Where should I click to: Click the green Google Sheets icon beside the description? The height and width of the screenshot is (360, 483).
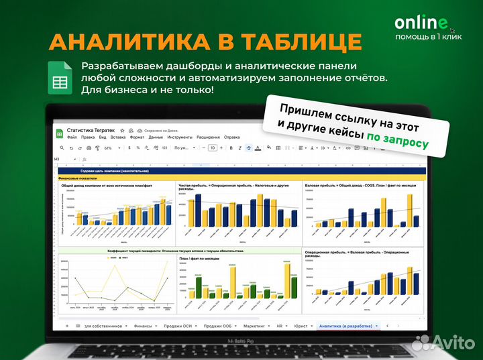(x=60, y=78)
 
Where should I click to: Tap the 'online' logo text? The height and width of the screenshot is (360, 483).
(x=421, y=23)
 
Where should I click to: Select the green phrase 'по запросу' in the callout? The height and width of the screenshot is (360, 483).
(x=396, y=139)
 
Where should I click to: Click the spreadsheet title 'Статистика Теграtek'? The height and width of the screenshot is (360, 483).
(x=95, y=130)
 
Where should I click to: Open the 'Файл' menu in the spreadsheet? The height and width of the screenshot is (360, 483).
(x=72, y=137)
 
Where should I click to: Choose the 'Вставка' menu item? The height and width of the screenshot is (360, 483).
(x=117, y=137)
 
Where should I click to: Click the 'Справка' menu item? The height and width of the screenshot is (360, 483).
(x=231, y=137)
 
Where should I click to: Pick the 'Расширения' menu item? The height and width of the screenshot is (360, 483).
(x=208, y=137)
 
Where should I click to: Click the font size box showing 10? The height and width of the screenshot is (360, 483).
(x=212, y=147)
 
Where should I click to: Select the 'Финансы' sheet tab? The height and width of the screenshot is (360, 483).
(x=143, y=325)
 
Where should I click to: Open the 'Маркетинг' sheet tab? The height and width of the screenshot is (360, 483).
(x=254, y=325)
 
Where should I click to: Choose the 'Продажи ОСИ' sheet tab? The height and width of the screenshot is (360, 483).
(x=176, y=325)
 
